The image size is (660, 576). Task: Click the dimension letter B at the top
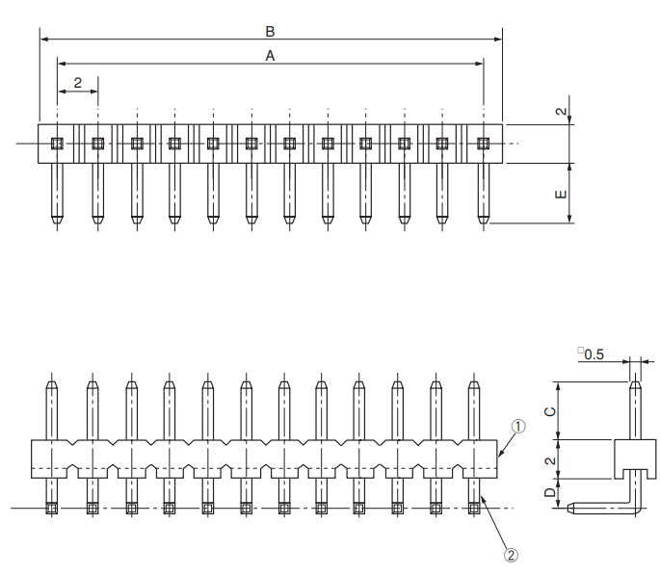[x=270, y=32]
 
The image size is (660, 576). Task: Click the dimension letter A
[x=270, y=56]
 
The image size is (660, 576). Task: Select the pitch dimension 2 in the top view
[x=77, y=83]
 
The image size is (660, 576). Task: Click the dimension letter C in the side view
[x=549, y=411]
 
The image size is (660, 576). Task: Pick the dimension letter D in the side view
[x=549, y=493]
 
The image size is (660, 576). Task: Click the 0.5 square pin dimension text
[x=594, y=354]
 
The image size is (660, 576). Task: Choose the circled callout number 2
[x=512, y=554]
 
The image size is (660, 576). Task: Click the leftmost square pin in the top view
[x=57, y=144]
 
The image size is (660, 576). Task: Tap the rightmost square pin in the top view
[x=484, y=144]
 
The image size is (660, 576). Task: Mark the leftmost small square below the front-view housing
[x=52, y=508]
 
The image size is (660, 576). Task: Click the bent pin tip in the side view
[x=569, y=507]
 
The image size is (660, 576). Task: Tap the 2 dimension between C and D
[x=549, y=460]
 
